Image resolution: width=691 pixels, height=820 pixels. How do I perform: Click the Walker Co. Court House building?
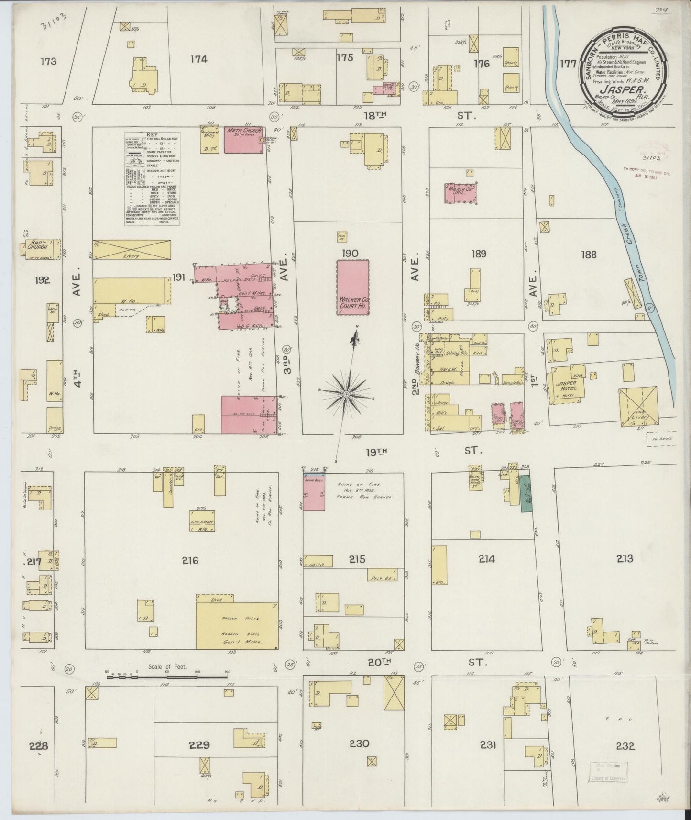[x=352, y=287]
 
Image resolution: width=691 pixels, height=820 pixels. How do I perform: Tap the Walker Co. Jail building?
[x=461, y=195]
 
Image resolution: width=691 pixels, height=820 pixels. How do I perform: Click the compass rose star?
[x=345, y=393]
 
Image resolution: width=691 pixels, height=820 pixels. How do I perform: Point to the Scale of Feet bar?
[x=167, y=676]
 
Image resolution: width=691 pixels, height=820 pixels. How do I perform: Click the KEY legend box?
[x=152, y=178]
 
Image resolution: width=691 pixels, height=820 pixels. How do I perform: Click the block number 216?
[x=190, y=560]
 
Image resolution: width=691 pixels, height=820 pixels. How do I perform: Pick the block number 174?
[x=198, y=59]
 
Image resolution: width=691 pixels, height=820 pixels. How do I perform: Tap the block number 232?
[x=625, y=758]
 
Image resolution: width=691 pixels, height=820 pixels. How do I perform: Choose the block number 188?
[x=589, y=254]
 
